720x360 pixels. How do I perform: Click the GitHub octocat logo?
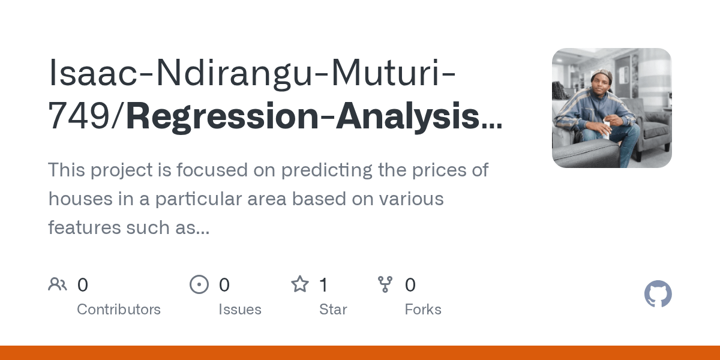click(x=658, y=295)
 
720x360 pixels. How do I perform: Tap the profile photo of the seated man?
click(x=611, y=108)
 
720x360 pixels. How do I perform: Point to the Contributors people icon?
click(x=58, y=284)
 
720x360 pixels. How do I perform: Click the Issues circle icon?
click(x=199, y=284)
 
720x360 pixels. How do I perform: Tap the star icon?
click(x=299, y=284)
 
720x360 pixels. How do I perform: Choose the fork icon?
click(x=385, y=284)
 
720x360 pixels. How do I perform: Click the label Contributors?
click(x=119, y=310)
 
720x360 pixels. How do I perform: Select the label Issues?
click(x=240, y=310)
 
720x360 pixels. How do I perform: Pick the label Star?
click(x=333, y=310)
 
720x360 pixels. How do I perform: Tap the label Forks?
click(x=423, y=310)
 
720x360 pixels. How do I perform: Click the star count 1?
click(x=323, y=285)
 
